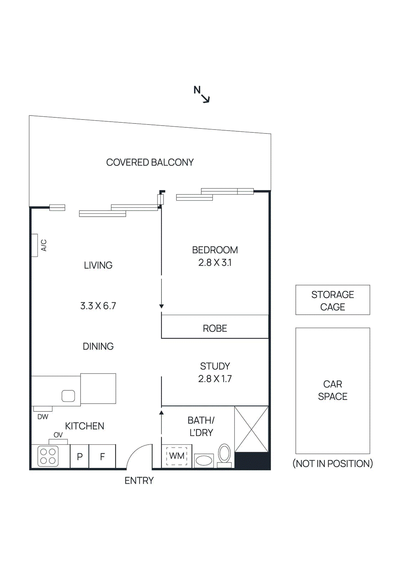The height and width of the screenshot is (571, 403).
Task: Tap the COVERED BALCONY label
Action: (150, 162)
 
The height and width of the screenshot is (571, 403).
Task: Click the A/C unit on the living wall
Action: (35, 245)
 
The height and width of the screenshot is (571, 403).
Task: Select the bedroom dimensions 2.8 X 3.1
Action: (215, 263)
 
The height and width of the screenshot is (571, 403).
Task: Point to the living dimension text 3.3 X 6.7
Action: (98, 306)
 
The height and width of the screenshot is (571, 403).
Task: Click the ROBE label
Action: (215, 328)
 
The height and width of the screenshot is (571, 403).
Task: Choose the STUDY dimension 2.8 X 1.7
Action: (215, 379)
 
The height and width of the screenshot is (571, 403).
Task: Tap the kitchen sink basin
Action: (68, 396)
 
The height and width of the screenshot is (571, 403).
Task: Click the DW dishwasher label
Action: (43, 417)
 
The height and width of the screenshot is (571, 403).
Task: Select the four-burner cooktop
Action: (48, 456)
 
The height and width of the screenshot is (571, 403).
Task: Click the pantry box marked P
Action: (80, 456)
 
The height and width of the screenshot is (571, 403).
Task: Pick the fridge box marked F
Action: (102, 456)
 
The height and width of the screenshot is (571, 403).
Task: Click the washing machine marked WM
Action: (177, 456)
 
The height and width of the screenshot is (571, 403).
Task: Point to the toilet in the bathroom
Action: (224, 454)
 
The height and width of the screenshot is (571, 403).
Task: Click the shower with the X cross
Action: (251, 429)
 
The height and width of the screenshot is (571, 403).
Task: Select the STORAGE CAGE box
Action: (332, 300)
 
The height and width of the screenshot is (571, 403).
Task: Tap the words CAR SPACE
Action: (332, 390)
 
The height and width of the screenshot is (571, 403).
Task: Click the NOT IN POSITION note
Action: (332, 464)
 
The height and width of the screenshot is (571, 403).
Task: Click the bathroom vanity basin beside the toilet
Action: (204, 460)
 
